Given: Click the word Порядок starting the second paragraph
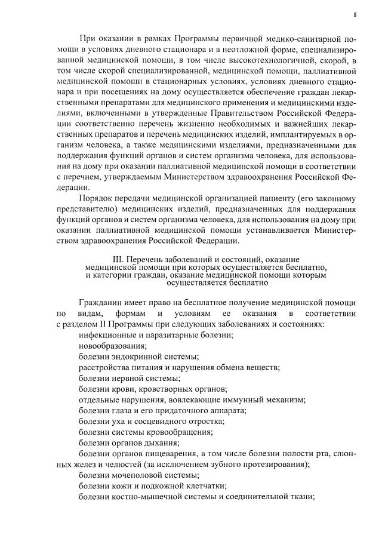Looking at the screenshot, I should point(96,198).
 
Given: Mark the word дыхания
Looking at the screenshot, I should point(162,442).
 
